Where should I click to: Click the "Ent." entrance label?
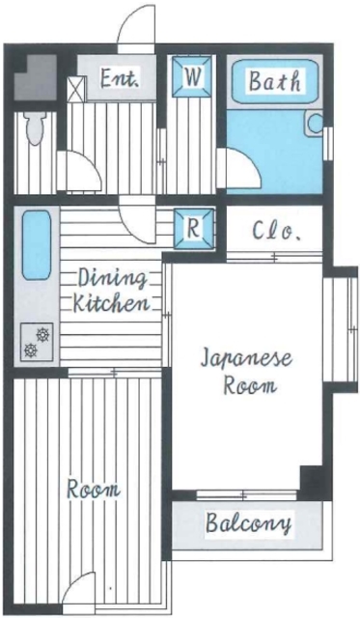pyautogui.click(x=121, y=79)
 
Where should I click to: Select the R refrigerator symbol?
pyautogui.click(x=193, y=229)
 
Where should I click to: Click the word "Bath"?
pyautogui.click(x=274, y=81)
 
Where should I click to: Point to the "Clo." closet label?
pyautogui.click(x=278, y=232)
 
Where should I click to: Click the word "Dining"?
pyautogui.click(x=112, y=279)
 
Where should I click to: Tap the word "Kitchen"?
pyautogui.click(x=111, y=303)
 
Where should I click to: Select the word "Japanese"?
pyautogui.click(x=246, y=359)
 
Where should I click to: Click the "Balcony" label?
pyautogui.click(x=249, y=524)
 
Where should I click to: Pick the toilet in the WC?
pyautogui.click(x=36, y=125)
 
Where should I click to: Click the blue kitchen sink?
pyautogui.click(x=36, y=245)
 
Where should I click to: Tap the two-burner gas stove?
pyautogui.click(x=35, y=340)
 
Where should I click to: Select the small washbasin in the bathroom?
pyautogui.click(x=314, y=124)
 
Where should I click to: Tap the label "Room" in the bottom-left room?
pyautogui.click(x=94, y=489)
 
